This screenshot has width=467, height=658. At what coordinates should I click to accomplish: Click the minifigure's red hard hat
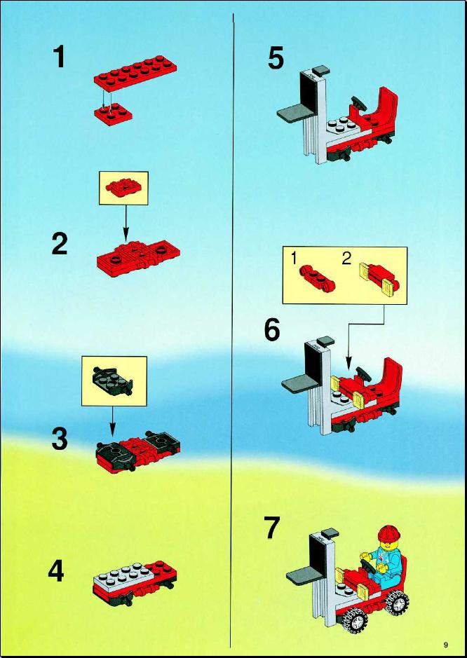tap(389, 533)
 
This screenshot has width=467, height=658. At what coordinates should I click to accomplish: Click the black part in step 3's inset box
tap(111, 381)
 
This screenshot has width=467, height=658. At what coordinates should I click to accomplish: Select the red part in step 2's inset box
tap(122, 186)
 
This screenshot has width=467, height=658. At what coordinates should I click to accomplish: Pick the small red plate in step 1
tap(113, 114)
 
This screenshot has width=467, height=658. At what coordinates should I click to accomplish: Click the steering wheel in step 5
tap(358, 102)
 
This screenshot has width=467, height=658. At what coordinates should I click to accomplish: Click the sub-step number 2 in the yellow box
tap(346, 259)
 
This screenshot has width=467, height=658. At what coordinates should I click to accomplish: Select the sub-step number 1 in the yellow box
tap(295, 259)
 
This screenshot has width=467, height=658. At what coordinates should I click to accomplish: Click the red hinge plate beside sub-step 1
tap(318, 278)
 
